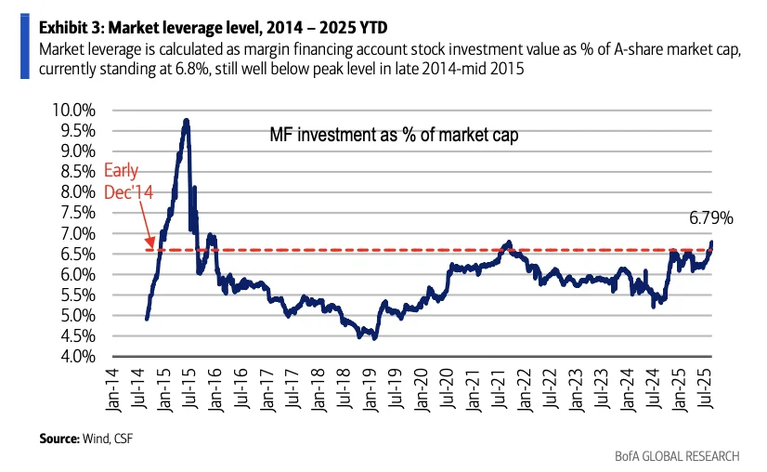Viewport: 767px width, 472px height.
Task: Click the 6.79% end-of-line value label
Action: click(x=710, y=219)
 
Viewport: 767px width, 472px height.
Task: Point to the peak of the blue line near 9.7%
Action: click(x=187, y=121)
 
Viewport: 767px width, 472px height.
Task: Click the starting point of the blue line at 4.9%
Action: click(x=148, y=319)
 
